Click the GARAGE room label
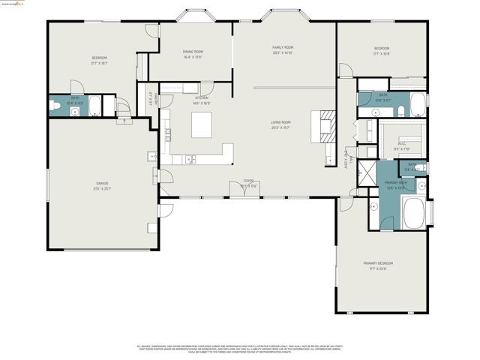tap(101, 183)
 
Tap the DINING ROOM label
tap(193, 52)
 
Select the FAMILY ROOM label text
tap(282, 47)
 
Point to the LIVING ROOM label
tap(280, 122)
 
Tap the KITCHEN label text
tap(202, 97)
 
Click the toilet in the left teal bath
tap(56, 107)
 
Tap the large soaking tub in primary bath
tap(413, 212)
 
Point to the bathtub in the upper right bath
tap(417, 106)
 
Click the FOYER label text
tap(248, 181)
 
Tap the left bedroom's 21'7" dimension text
tap(100, 64)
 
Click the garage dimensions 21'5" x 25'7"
tap(101, 188)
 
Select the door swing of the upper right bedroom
tap(345, 70)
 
